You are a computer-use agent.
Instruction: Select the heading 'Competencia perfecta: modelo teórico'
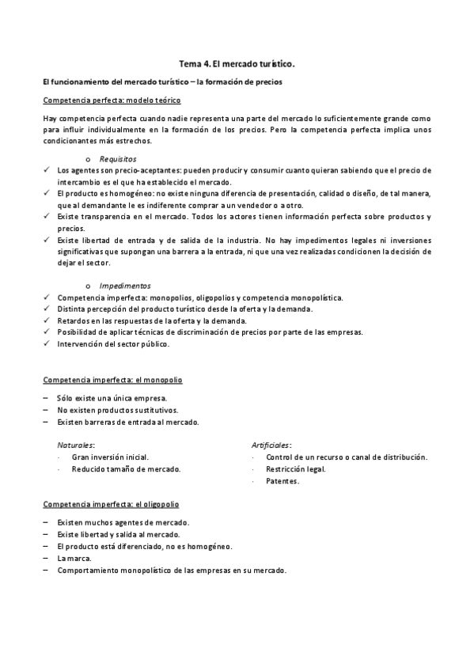[112, 100]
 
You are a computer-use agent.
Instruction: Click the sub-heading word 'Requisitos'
[116, 159]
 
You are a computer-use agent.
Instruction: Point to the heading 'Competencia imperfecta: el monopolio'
[112, 381]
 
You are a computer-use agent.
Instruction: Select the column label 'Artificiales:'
[271, 445]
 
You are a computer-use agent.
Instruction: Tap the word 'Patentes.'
[283, 481]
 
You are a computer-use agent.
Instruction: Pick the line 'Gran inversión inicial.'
[110, 457]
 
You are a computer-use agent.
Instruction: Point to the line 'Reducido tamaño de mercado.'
[126, 469]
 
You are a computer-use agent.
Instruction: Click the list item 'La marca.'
[74, 558]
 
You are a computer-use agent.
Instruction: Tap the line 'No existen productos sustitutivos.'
[117, 410]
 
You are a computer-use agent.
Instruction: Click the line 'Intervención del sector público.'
[113, 344]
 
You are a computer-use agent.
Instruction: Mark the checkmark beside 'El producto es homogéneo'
[46, 193]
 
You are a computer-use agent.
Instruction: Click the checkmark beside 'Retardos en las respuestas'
[46, 320]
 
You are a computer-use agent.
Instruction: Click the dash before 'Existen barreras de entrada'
[47, 422]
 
